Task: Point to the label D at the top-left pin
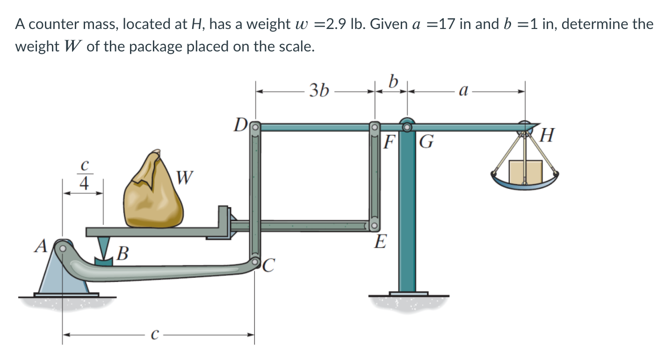[x=240, y=125]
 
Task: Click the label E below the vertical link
[x=381, y=242]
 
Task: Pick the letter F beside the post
[x=388, y=141]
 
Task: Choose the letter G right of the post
[x=426, y=141]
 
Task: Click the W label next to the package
[x=185, y=177]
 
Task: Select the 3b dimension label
[x=319, y=90]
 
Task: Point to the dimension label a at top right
[x=463, y=90]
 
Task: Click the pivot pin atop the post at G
[x=407, y=126]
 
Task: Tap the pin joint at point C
[x=255, y=262]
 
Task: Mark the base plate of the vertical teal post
[x=408, y=294]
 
